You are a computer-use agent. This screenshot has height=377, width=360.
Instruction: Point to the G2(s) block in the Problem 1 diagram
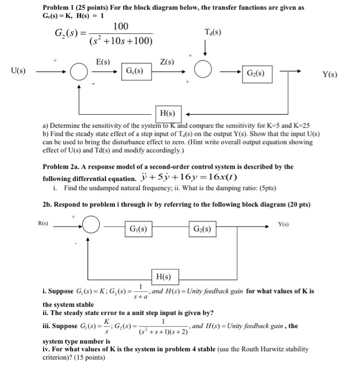coord(258,72)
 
